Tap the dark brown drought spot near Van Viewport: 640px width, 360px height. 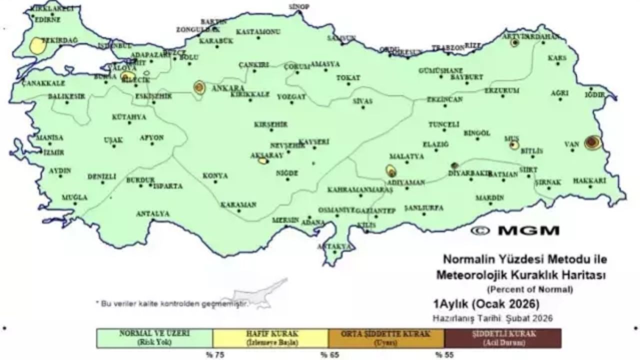point(593,142)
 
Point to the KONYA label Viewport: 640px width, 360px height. point(215,176)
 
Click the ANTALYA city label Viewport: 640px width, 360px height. point(152,214)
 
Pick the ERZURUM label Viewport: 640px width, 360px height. point(501,91)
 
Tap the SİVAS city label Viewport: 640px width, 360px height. point(362,101)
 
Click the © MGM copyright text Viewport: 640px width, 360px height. point(515,230)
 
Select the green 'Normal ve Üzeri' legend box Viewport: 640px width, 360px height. point(154,338)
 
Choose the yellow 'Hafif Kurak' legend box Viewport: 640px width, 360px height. point(270,338)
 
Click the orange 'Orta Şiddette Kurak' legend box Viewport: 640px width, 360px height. point(386,338)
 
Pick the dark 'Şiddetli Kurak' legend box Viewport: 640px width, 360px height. point(502,338)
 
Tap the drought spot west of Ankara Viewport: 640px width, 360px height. point(199,87)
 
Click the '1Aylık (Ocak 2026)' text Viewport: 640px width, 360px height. point(486,304)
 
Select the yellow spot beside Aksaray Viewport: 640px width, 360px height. point(262,161)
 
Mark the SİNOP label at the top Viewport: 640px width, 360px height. point(299,6)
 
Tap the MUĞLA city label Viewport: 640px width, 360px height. point(74,197)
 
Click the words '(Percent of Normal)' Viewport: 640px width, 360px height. point(530,289)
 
